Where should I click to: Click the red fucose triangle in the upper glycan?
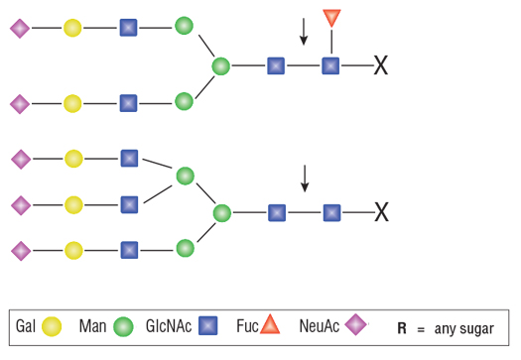(x=331, y=17)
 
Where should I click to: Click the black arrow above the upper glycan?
(x=304, y=32)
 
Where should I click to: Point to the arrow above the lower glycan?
(x=305, y=179)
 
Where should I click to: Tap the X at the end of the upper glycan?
(x=381, y=65)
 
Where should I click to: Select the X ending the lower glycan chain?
(x=381, y=212)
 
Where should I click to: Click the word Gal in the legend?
(x=26, y=326)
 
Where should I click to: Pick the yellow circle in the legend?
(x=52, y=326)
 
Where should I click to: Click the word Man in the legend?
(x=92, y=326)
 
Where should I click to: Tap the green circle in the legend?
(x=123, y=327)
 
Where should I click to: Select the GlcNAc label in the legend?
(x=169, y=326)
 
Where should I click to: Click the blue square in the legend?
(x=208, y=325)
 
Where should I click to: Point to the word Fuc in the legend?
(x=247, y=326)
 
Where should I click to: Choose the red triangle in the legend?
(x=270, y=324)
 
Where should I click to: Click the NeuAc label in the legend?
(x=320, y=326)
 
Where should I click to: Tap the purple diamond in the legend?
(x=356, y=324)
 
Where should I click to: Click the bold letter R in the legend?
(x=402, y=328)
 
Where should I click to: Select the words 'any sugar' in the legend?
(x=464, y=329)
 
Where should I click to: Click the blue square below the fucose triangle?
(x=330, y=65)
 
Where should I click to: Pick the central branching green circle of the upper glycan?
(x=221, y=66)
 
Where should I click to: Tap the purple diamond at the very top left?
(x=20, y=29)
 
